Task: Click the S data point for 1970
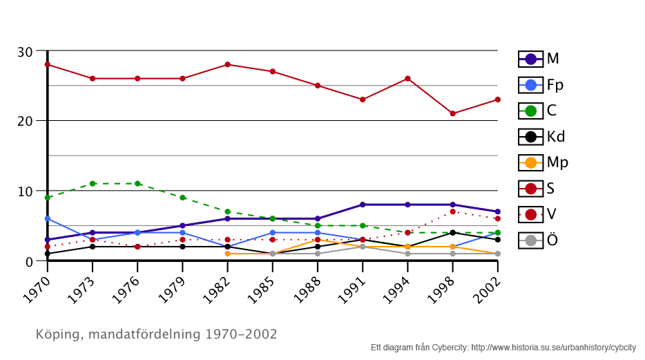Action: coord(48,64)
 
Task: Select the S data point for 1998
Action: coord(452,113)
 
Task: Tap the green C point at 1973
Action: coord(93,183)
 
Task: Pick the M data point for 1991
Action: coord(363,205)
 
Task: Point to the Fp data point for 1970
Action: coord(48,218)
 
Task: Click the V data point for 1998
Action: coord(452,211)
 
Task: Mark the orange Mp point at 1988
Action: coord(318,240)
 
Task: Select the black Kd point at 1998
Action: coord(452,233)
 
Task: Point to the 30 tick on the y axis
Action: coord(25,52)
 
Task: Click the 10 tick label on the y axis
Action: coord(25,191)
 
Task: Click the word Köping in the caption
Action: coord(57,334)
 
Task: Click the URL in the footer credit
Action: coord(553,348)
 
